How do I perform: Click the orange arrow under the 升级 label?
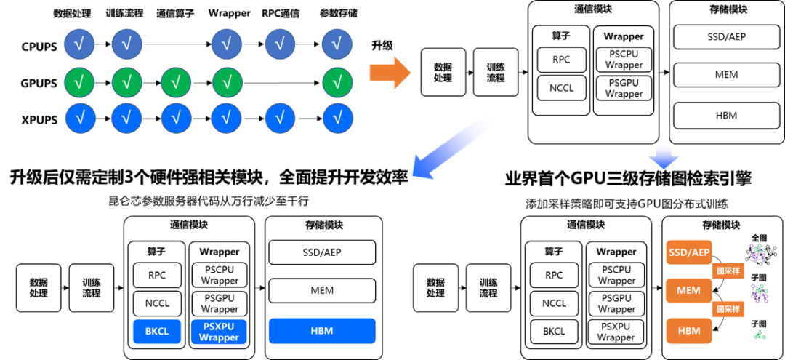coord(389,73)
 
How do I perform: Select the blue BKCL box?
coord(156,331)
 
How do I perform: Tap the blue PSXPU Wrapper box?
coord(219,331)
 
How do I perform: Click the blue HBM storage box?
coord(322,331)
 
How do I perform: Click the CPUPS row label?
coord(39,47)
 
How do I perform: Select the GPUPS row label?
coord(39,83)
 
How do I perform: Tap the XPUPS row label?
coord(39,117)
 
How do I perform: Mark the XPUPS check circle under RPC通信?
coord(281,116)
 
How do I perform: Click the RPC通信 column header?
coord(281,13)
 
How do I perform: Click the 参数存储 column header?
coord(338,13)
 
